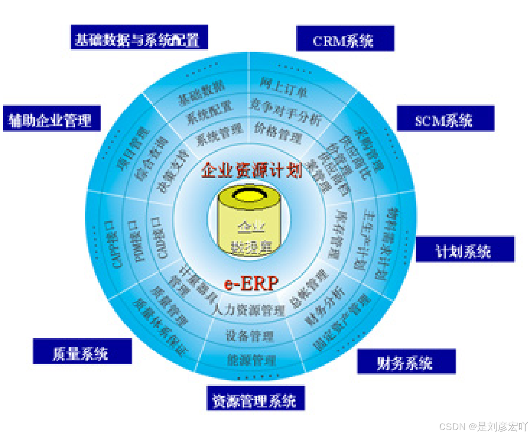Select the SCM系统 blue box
click(x=446, y=118)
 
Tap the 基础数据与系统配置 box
click(x=139, y=38)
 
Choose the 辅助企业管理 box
click(x=52, y=118)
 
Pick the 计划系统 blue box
click(x=465, y=250)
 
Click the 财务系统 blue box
click(x=406, y=362)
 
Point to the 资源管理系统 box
click(x=255, y=399)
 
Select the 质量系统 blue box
click(x=82, y=352)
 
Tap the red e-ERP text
click(x=251, y=284)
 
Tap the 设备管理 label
click(x=250, y=336)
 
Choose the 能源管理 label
click(x=251, y=360)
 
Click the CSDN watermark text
click(x=483, y=426)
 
